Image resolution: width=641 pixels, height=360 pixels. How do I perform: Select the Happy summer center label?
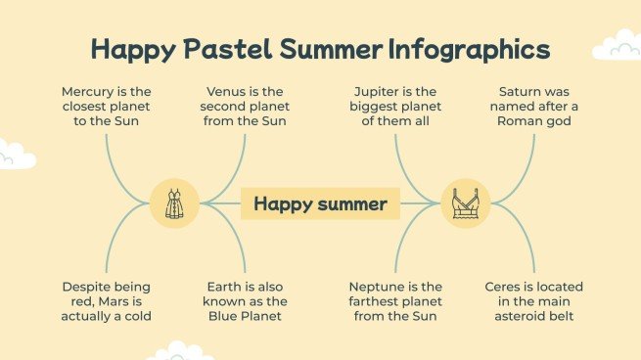pyautogui.click(x=320, y=204)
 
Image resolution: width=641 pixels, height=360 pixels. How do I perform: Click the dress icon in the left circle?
pyautogui.click(x=174, y=204)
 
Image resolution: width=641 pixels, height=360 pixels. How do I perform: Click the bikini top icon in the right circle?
pyautogui.click(x=465, y=204)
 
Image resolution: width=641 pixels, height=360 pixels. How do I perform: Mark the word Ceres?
pyautogui.click(x=506, y=287)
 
